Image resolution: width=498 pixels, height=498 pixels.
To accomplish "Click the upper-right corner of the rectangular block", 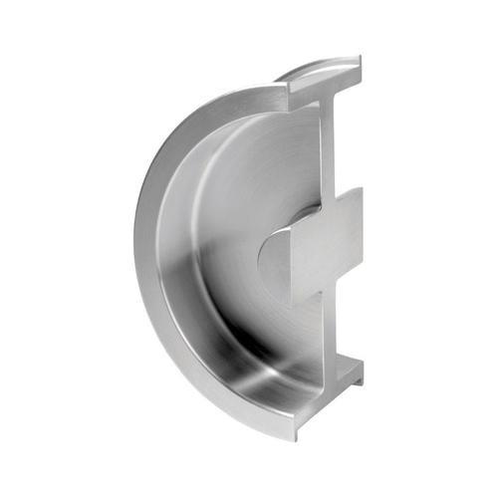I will point(361,189).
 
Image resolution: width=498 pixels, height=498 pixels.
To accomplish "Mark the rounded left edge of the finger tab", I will point(261,261).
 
